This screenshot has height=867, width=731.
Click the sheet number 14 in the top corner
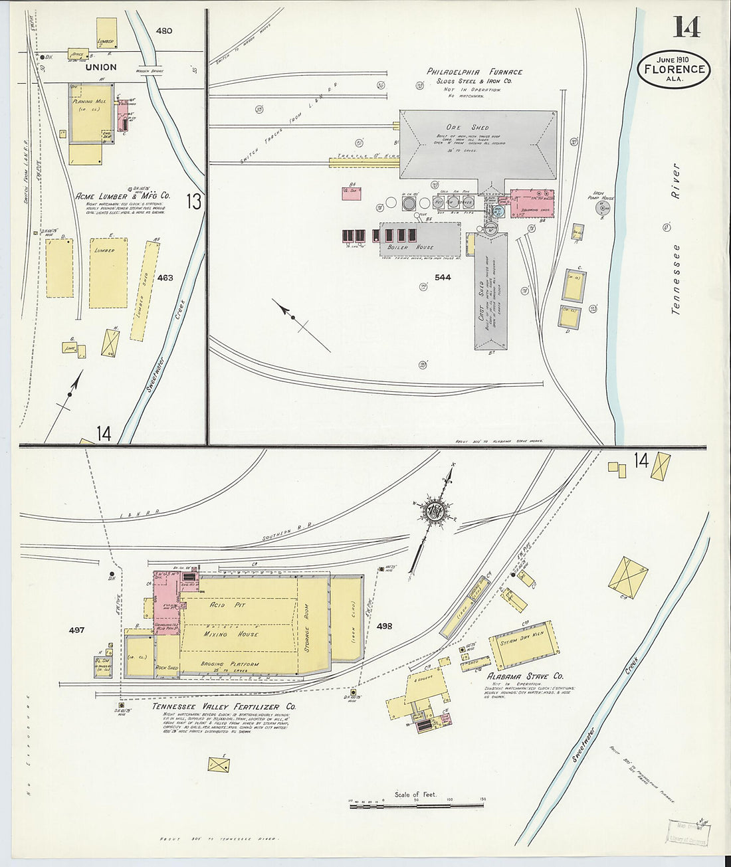686,27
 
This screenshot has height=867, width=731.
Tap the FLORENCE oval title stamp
674,68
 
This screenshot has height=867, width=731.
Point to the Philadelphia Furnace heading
474,72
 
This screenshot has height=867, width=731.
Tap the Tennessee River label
677,239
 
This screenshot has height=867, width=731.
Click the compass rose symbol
436,510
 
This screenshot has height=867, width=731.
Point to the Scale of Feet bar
416,805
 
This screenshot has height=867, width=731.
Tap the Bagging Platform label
230,664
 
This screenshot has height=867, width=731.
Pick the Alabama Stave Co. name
526,676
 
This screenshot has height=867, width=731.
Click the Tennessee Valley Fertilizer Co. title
224,706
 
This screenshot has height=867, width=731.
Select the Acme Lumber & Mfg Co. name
122,196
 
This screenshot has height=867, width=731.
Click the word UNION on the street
101,67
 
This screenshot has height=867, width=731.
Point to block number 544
442,277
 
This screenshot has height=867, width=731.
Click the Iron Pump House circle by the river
603,209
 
